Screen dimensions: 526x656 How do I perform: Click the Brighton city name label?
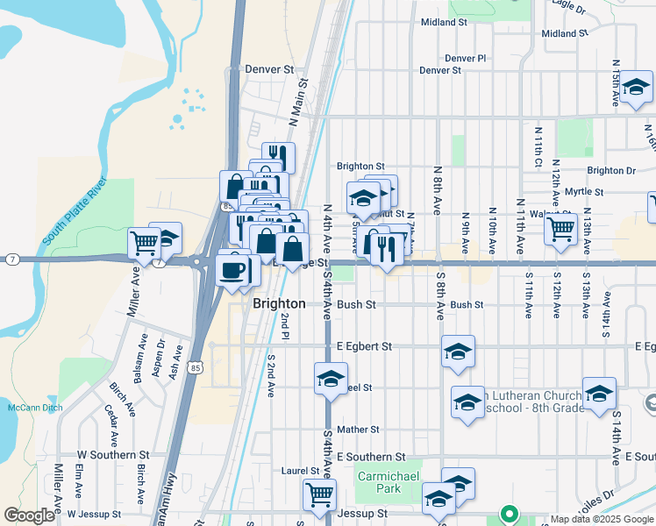click(279, 304)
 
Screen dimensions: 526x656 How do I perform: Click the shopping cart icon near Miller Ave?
click(144, 241)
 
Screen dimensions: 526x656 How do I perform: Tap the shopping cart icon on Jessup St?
click(319, 494)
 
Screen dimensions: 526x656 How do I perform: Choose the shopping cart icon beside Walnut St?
click(560, 230)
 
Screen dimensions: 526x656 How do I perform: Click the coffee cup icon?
click(232, 269)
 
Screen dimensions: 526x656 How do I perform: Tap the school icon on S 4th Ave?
click(331, 380)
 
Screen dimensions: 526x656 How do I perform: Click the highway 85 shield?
click(196, 368)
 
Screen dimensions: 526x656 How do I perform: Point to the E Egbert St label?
click(364, 347)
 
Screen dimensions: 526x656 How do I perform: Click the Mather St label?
click(357, 430)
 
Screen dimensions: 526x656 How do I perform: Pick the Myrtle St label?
click(584, 192)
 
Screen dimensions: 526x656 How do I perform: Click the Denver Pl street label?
click(465, 59)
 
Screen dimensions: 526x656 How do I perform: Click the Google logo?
click(29, 515)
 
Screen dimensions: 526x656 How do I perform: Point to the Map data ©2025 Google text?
click(602, 519)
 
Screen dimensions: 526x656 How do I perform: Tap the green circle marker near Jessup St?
click(507, 514)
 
